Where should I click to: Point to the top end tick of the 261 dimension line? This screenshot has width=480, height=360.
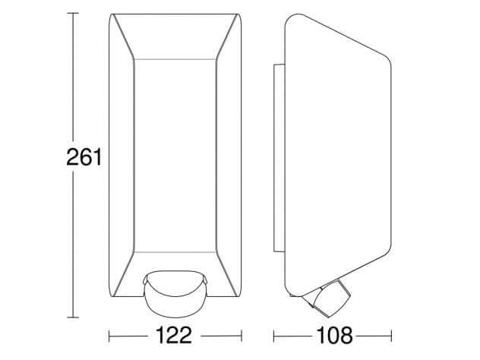(72, 14)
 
